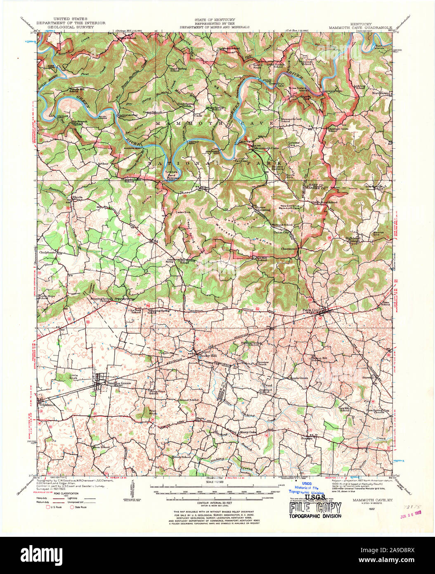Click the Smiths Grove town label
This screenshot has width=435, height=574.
pos(119,383)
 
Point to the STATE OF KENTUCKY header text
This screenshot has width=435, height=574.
pos(215,20)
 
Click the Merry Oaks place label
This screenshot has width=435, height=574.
pos(248,432)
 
